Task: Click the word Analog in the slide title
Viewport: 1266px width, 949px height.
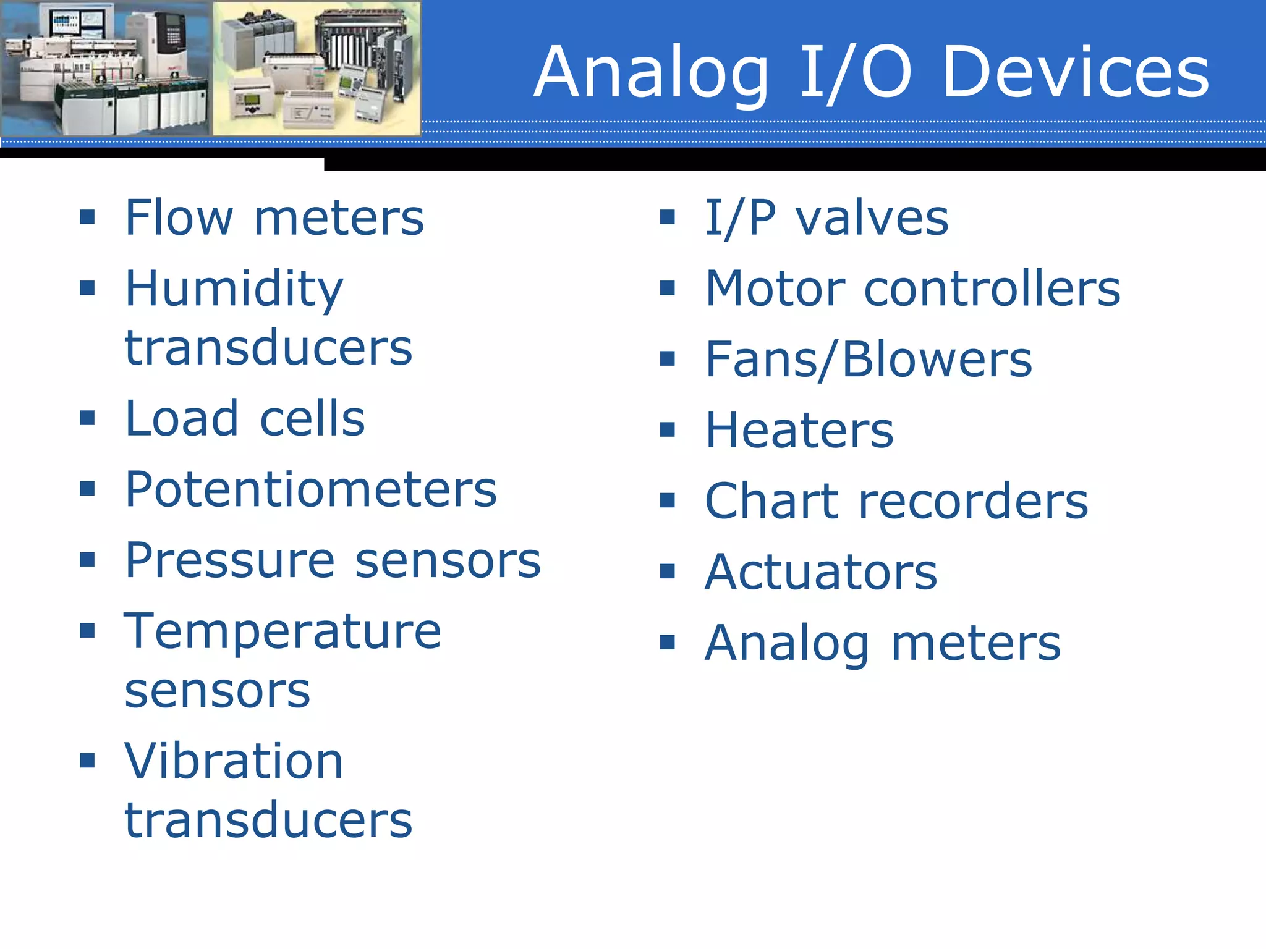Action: (652, 73)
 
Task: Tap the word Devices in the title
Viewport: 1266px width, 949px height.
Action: (1076, 73)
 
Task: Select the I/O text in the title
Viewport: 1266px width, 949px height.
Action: (856, 73)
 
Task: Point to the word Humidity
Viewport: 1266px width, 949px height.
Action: (234, 289)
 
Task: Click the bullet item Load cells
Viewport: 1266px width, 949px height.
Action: (245, 419)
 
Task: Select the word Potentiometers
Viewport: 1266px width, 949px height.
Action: (310, 489)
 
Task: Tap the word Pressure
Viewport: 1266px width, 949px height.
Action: (230, 560)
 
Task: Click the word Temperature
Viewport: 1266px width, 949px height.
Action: (283, 631)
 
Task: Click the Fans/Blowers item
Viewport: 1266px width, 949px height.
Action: (869, 360)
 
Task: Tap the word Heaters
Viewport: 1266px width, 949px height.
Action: (799, 430)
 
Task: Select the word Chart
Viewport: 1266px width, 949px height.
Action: (771, 501)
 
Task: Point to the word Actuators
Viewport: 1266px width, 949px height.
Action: (821, 572)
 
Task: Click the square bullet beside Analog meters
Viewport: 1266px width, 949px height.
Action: (667, 643)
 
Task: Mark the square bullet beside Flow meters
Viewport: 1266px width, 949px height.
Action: (87, 217)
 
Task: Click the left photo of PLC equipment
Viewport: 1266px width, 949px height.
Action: (105, 68)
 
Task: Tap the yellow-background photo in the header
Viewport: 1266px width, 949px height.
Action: (316, 68)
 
